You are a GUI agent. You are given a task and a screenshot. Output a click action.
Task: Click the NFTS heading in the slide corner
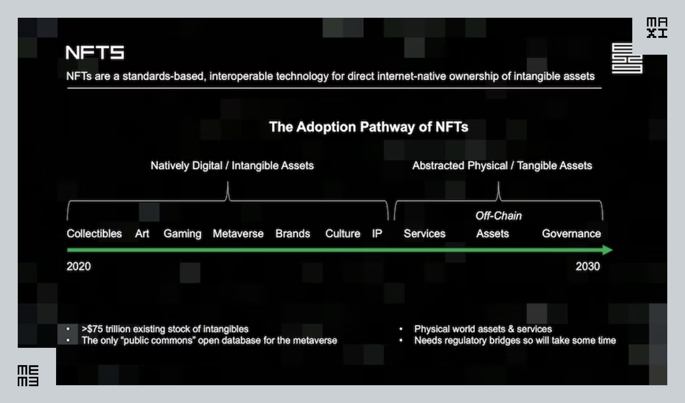click(95, 53)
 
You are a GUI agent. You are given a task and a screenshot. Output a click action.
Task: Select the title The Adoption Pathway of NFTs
click(368, 127)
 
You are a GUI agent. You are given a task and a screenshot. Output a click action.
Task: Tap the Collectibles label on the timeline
click(94, 234)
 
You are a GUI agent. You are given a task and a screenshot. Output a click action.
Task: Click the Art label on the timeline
click(142, 234)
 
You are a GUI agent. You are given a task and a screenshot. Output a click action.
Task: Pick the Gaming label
click(182, 234)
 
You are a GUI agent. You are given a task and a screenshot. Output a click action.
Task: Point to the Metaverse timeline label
click(238, 234)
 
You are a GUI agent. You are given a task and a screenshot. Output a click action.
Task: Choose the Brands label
click(292, 234)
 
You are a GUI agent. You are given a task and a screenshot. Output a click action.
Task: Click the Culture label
click(342, 234)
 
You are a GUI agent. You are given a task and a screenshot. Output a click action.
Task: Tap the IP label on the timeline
click(377, 234)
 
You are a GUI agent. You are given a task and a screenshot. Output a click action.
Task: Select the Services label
click(424, 234)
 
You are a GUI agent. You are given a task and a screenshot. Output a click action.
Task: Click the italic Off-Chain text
click(498, 216)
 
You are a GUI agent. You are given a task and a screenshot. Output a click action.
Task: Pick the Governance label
click(571, 234)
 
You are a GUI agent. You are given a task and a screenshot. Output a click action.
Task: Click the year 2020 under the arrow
click(79, 266)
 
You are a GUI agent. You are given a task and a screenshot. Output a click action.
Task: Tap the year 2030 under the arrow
click(587, 266)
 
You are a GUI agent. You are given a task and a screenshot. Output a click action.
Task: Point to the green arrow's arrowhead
click(607, 250)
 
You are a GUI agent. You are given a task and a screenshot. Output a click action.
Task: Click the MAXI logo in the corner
click(657, 28)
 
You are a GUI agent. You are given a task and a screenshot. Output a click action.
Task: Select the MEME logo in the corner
click(28, 376)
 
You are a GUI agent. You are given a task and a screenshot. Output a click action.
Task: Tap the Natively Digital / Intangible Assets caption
click(232, 166)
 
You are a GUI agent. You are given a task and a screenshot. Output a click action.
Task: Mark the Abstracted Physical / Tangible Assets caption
click(502, 166)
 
